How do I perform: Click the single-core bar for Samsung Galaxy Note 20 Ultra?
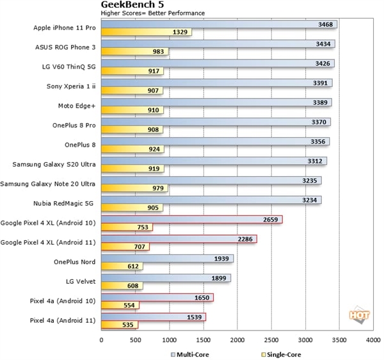(134, 188)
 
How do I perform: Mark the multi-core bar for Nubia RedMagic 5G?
(211, 200)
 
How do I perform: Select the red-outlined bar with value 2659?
(191, 219)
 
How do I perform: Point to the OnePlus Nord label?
(75, 262)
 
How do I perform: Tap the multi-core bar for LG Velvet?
(166, 278)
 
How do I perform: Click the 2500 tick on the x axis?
(271, 340)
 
